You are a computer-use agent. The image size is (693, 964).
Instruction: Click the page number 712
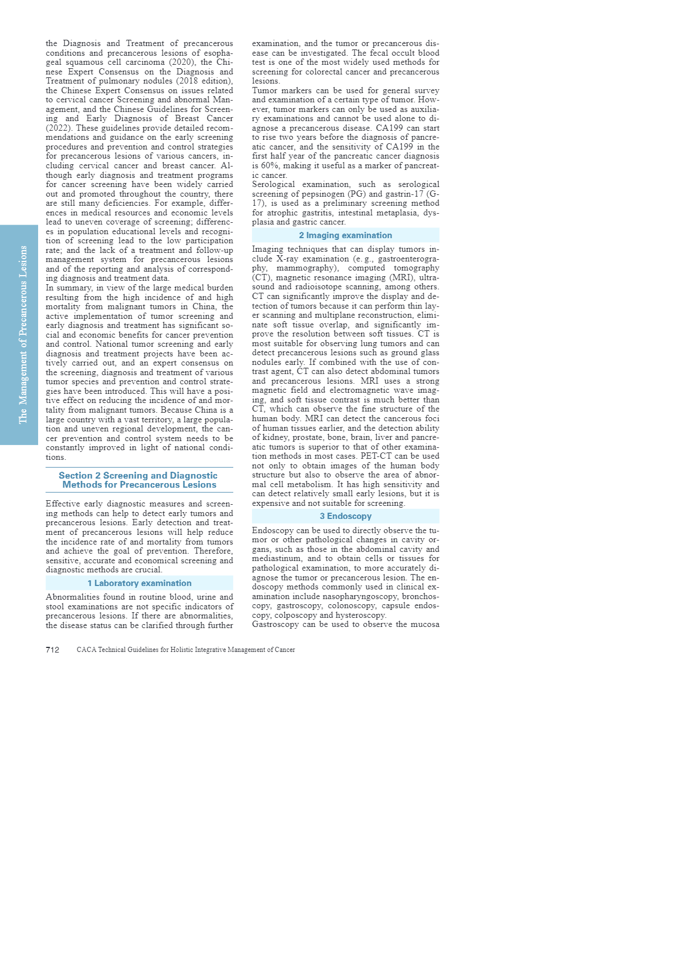coord(52,650)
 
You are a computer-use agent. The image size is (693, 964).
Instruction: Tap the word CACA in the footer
coord(86,650)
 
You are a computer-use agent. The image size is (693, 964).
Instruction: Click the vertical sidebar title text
coord(23,334)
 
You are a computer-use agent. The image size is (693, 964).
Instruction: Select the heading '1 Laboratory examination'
coord(139,583)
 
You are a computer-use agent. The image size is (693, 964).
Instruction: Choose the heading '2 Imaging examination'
coord(345,235)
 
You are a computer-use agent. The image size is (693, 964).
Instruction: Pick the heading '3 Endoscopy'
coord(345,516)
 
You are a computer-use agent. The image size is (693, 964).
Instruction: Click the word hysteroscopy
coord(361,615)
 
